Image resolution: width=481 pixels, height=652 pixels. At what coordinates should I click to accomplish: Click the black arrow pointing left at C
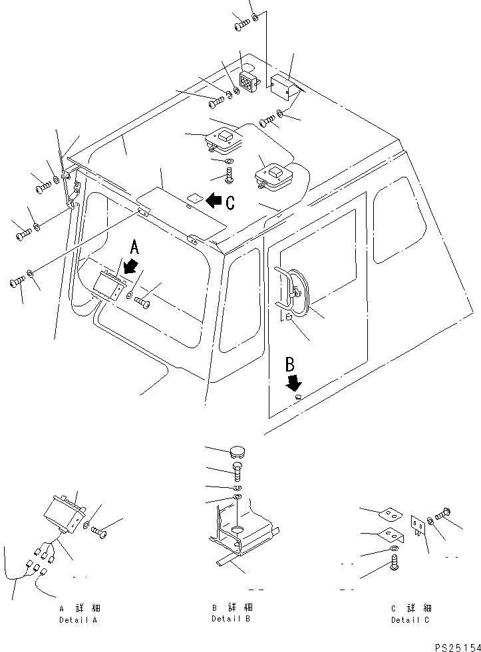214,199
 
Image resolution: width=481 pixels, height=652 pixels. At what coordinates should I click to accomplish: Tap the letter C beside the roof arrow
230,203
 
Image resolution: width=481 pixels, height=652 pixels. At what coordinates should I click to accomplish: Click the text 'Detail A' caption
78,619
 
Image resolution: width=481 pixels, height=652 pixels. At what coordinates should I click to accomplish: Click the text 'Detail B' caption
231,618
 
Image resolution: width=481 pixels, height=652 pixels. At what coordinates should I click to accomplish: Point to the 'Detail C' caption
410,619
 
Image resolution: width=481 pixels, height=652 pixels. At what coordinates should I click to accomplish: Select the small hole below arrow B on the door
297,397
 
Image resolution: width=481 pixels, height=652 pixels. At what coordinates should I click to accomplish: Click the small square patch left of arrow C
193,198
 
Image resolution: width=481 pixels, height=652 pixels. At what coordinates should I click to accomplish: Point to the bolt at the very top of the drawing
241,25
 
